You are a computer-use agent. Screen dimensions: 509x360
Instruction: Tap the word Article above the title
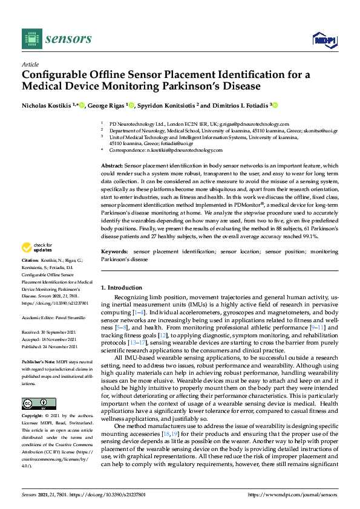(30, 64)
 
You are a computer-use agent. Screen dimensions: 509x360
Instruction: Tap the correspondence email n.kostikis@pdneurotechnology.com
(185, 150)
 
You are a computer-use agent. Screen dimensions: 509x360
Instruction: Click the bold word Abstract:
(112, 165)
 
